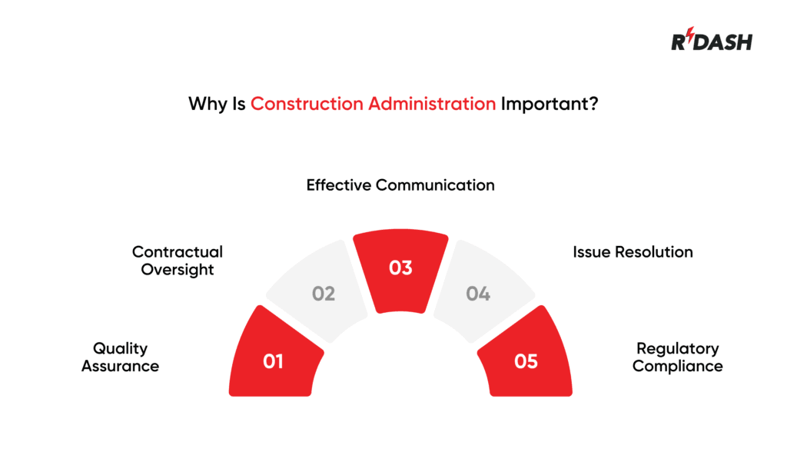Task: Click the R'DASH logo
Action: [711, 41]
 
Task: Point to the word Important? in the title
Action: [550, 104]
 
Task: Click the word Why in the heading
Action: [207, 104]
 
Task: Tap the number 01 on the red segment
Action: [274, 361]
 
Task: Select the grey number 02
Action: [324, 294]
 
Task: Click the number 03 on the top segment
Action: [400, 268]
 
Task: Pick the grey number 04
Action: [478, 294]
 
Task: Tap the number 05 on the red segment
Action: [526, 361]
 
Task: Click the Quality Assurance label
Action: [120, 357]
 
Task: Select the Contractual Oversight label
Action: [177, 261]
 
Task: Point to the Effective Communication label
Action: [400, 185]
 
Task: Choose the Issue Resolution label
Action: [633, 252]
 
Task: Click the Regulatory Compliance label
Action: [677, 357]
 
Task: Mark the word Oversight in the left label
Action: [178, 270]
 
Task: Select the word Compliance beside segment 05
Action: [677, 367]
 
